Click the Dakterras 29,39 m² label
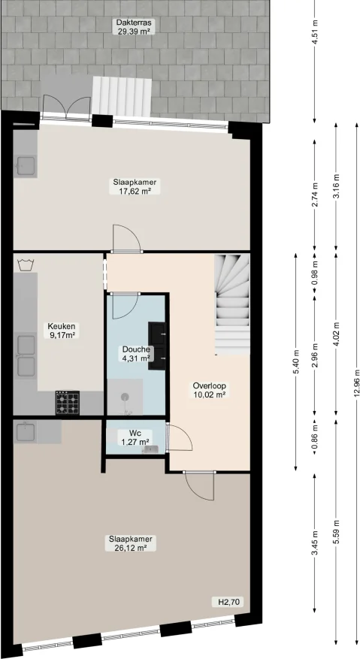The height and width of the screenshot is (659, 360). pos(135,28)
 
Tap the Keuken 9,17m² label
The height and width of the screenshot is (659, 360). pos(62,331)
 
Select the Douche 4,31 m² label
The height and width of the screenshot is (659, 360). pos(136,353)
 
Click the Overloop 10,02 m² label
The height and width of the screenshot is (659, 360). pos(210,388)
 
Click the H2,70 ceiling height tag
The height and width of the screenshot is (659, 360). pos(227,603)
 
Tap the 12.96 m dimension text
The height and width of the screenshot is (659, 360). pos(355,389)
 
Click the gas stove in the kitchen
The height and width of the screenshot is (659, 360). pos(66,403)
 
